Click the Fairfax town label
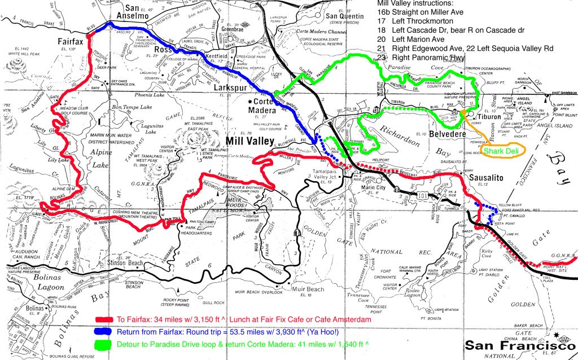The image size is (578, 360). (72, 41)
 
